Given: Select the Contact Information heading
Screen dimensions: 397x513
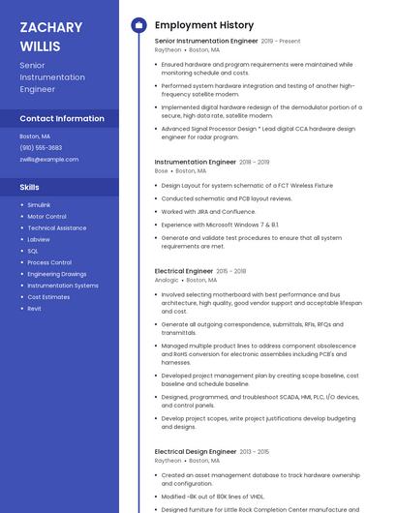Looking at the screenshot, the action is point(62,119).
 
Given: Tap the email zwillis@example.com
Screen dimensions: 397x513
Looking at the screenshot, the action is point(48,159).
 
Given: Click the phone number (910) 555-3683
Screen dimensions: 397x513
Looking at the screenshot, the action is point(41,148).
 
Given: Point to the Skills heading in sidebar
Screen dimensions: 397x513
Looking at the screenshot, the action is point(30,187).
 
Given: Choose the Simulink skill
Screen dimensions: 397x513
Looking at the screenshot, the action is point(39,205).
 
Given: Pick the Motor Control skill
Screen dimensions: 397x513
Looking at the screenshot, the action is point(46,217).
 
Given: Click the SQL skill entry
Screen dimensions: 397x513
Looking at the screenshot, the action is point(33,251).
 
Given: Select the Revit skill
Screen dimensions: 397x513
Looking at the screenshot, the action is point(34,309).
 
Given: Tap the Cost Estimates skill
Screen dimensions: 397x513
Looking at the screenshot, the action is point(48,297).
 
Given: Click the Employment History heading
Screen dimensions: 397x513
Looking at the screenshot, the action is point(204,25).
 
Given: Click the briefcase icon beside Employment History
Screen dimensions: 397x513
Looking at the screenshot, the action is point(138,25).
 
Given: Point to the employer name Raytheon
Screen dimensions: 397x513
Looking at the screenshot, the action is point(168,49).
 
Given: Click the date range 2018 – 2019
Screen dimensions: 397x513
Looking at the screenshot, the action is point(255,163).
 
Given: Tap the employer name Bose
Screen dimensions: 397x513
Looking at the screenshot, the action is point(161,170).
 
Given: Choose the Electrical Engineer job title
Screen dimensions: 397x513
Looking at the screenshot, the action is point(184,272).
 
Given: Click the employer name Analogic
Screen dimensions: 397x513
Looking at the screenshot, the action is point(167,280).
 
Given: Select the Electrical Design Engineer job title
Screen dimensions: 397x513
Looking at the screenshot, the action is point(196,452).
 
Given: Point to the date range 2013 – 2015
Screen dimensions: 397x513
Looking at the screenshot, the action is point(255,452).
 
